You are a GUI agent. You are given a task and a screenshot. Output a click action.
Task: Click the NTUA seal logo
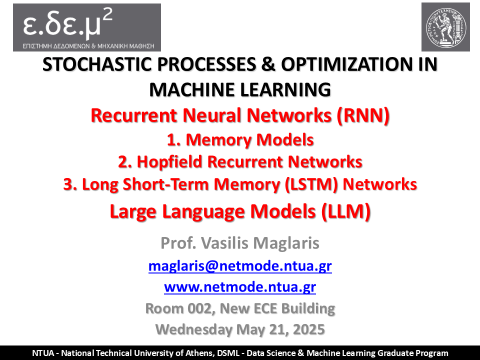(445, 27)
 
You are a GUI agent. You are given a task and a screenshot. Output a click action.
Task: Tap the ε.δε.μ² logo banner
(87, 27)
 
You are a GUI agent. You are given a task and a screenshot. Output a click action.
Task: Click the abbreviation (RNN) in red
(363, 115)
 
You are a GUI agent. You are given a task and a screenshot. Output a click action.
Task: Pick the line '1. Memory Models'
(240, 139)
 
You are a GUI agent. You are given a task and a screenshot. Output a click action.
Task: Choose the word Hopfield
(169, 161)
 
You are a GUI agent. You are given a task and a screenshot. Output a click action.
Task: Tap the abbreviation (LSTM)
(311, 184)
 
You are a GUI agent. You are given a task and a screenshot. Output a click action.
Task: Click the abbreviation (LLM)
(346, 211)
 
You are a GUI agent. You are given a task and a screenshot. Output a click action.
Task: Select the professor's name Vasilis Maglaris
(260, 243)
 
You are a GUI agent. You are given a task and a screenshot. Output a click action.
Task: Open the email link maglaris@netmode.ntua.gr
(240, 265)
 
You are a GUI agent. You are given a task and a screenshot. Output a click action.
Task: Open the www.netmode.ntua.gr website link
(240, 287)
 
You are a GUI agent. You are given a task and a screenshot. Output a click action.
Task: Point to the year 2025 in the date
(309, 329)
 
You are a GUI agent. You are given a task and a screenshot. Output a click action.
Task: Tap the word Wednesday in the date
(194, 329)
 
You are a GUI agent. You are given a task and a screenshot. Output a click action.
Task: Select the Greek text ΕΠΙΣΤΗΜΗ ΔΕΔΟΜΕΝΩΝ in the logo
(56, 46)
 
